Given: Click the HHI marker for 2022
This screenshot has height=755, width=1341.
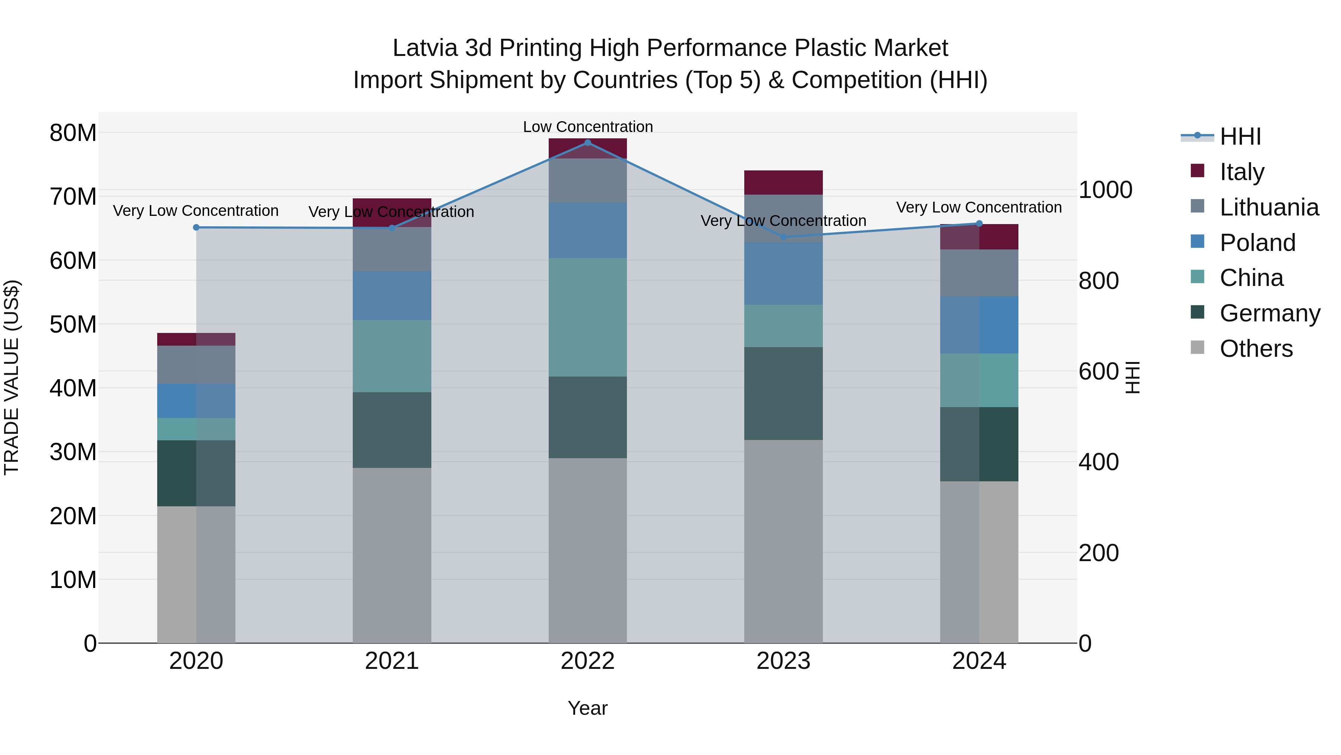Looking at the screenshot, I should point(588,142).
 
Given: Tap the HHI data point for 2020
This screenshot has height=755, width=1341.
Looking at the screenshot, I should point(196,227).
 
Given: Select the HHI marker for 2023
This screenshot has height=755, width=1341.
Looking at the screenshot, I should point(783,237).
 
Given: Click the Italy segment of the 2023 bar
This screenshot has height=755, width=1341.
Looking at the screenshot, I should point(783,182).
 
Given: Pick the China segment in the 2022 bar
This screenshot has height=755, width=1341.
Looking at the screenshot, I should point(588,317).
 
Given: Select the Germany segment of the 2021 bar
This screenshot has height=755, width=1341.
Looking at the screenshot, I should point(392,430).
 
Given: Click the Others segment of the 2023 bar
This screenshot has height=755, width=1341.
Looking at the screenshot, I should point(783,541).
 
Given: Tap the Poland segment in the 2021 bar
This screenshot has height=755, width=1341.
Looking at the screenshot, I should point(392,295).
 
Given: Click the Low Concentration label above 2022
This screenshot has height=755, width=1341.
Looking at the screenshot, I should point(588,127).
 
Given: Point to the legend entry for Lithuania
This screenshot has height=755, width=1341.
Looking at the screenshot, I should point(1269,207).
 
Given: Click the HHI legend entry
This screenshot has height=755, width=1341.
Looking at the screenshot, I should point(1240,136).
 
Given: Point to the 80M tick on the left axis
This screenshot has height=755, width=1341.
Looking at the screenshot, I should point(73,133).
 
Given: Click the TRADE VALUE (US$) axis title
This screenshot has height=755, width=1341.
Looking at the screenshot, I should point(12,377).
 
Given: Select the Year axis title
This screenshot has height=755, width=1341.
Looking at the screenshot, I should point(588,708).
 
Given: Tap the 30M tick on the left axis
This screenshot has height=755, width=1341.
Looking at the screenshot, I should point(73,452).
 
